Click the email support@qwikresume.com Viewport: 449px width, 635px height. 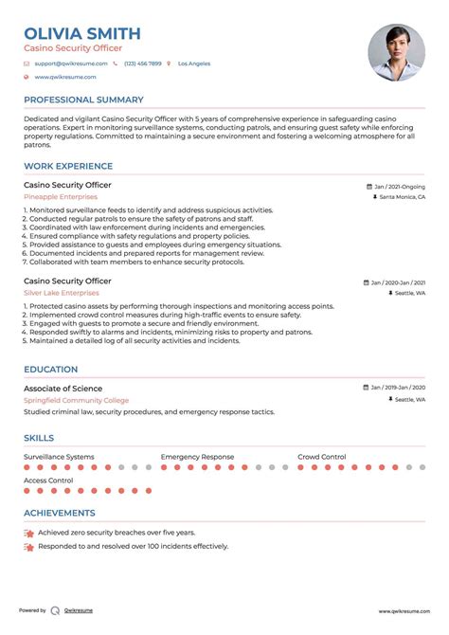[x=71, y=63]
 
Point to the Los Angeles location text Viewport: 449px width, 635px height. [x=194, y=63]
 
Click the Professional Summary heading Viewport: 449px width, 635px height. [x=83, y=100]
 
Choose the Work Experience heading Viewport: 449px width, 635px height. [x=67, y=166]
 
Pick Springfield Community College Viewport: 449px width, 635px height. [x=78, y=400]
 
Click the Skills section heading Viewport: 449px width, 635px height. [x=39, y=439]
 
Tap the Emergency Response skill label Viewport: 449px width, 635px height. [x=197, y=457]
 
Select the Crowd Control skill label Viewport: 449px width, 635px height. [x=322, y=457]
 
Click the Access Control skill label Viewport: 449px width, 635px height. [x=48, y=481]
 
